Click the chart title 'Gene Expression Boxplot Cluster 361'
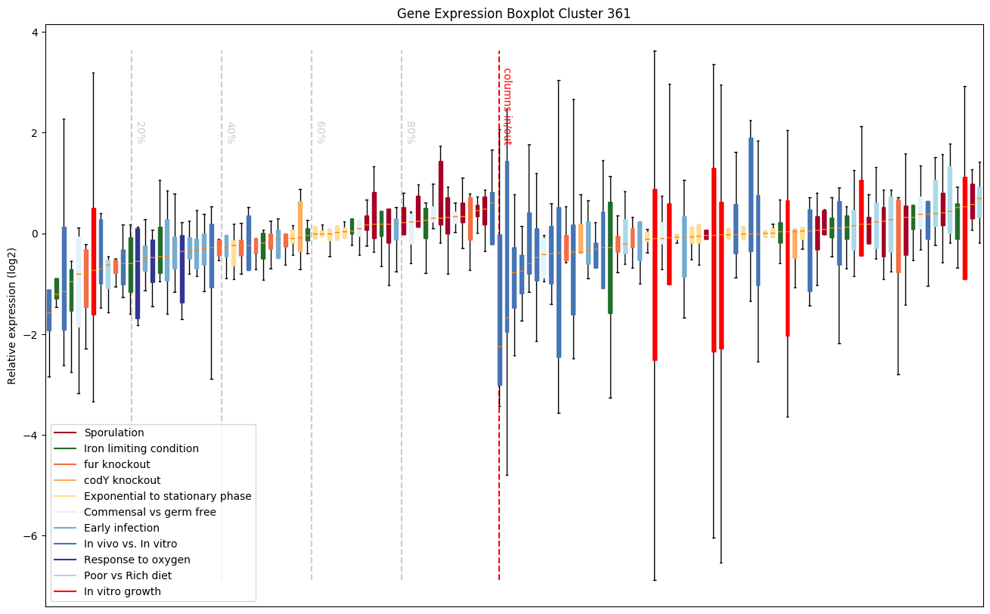(514, 14)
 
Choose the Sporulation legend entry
(114, 433)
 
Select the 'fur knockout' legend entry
(117, 465)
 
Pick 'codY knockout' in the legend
(123, 481)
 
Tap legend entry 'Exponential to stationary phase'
(168, 497)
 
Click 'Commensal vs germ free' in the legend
(150, 513)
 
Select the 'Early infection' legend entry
(122, 529)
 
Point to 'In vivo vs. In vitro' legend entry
(131, 544)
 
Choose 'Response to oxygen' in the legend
(137, 560)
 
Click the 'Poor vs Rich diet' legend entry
(128, 576)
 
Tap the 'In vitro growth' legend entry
(123, 592)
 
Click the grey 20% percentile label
(140, 132)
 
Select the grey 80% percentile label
(411, 132)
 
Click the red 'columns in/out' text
(507, 106)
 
